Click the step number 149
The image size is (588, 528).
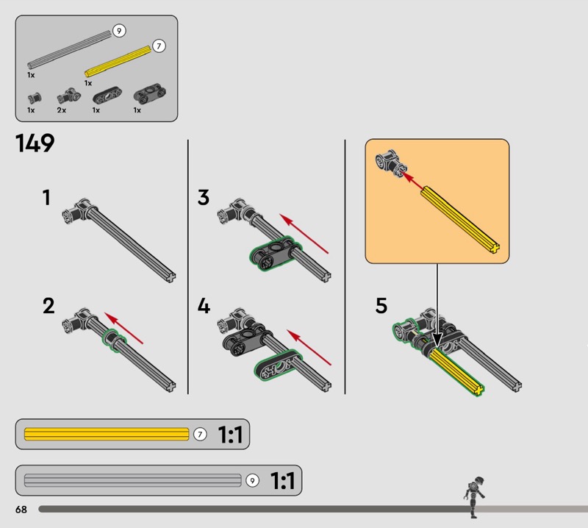click(35, 143)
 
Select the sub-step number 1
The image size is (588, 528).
click(46, 198)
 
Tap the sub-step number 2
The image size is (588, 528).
click(49, 306)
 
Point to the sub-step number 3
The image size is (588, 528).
click(204, 198)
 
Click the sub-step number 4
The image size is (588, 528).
click(204, 306)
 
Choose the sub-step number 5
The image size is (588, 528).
click(381, 306)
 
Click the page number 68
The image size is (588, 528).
click(20, 510)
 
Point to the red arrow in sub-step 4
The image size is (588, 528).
click(309, 347)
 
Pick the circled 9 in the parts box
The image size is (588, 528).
click(119, 31)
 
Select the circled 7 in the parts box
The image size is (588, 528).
click(159, 46)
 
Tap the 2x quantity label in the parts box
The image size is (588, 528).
click(62, 110)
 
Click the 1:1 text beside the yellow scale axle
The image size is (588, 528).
click(230, 435)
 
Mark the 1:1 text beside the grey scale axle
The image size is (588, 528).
click(282, 482)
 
